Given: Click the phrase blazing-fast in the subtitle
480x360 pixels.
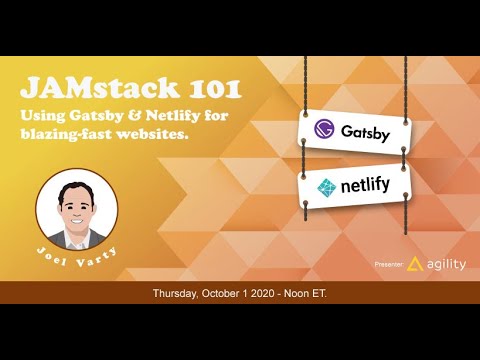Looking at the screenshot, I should pos(70,134).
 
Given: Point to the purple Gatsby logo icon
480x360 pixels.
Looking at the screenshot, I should pos(322,131).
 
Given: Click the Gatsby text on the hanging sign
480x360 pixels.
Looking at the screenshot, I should pos(364,131).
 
